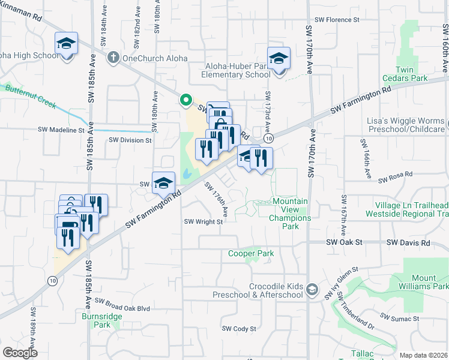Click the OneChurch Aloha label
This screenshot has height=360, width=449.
[x=155, y=58]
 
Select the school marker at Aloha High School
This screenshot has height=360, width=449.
[x=67, y=44]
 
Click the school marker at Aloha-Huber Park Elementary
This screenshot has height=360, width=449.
[x=279, y=59]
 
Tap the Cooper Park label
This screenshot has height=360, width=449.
[x=251, y=253]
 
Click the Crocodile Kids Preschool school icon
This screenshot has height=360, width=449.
[x=312, y=290]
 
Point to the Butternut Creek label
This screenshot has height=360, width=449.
[x=30, y=97]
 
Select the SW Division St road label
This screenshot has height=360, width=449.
[x=130, y=140]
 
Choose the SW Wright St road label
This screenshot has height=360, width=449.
[x=203, y=221]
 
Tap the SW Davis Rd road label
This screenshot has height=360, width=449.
[x=408, y=243]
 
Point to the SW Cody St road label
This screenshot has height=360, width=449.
[x=239, y=329]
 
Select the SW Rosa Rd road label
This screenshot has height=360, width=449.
[x=396, y=174]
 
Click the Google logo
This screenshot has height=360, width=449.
[x=20, y=353]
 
